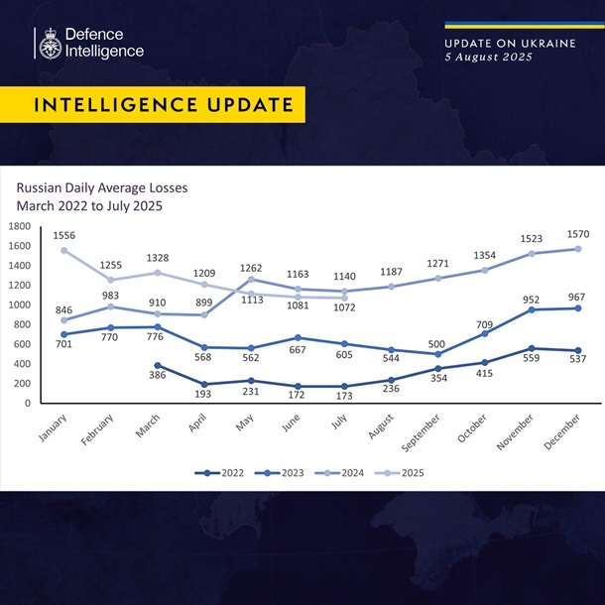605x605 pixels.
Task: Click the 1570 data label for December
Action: pyautogui.click(x=578, y=234)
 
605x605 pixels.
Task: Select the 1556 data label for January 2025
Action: pyautogui.click(x=65, y=235)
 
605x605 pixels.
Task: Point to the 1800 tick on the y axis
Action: pyautogui.click(x=20, y=226)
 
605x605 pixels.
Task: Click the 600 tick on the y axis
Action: pyautogui.click(x=23, y=344)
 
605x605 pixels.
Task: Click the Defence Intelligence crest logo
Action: pyautogui.click(x=48, y=43)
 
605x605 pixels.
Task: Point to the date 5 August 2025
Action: pyautogui.click(x=488, y=58)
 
